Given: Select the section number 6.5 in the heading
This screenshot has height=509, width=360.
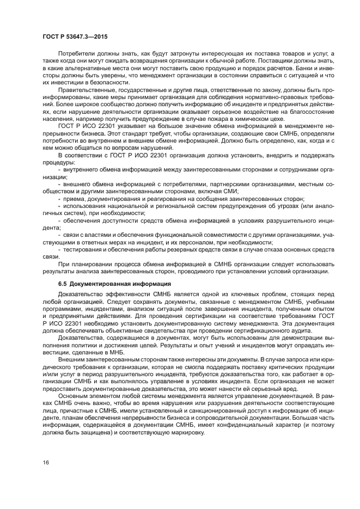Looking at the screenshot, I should point(63,284).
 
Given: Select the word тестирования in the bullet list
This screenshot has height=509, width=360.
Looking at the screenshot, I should point(83,249).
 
